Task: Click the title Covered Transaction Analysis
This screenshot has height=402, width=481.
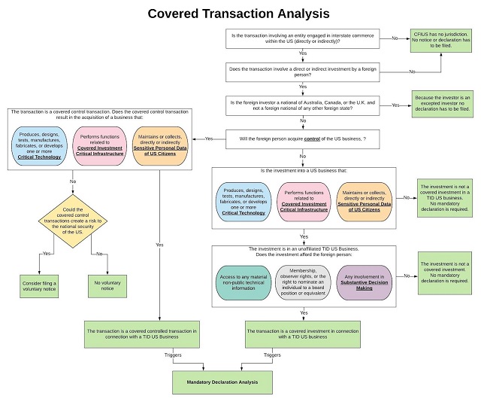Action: click(x=238, y=14)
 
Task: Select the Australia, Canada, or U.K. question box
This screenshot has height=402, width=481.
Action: click(x=303, y=105)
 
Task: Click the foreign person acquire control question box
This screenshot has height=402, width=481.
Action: click(x=303, y=139)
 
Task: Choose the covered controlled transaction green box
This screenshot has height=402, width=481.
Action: click(x=142, y=333)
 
